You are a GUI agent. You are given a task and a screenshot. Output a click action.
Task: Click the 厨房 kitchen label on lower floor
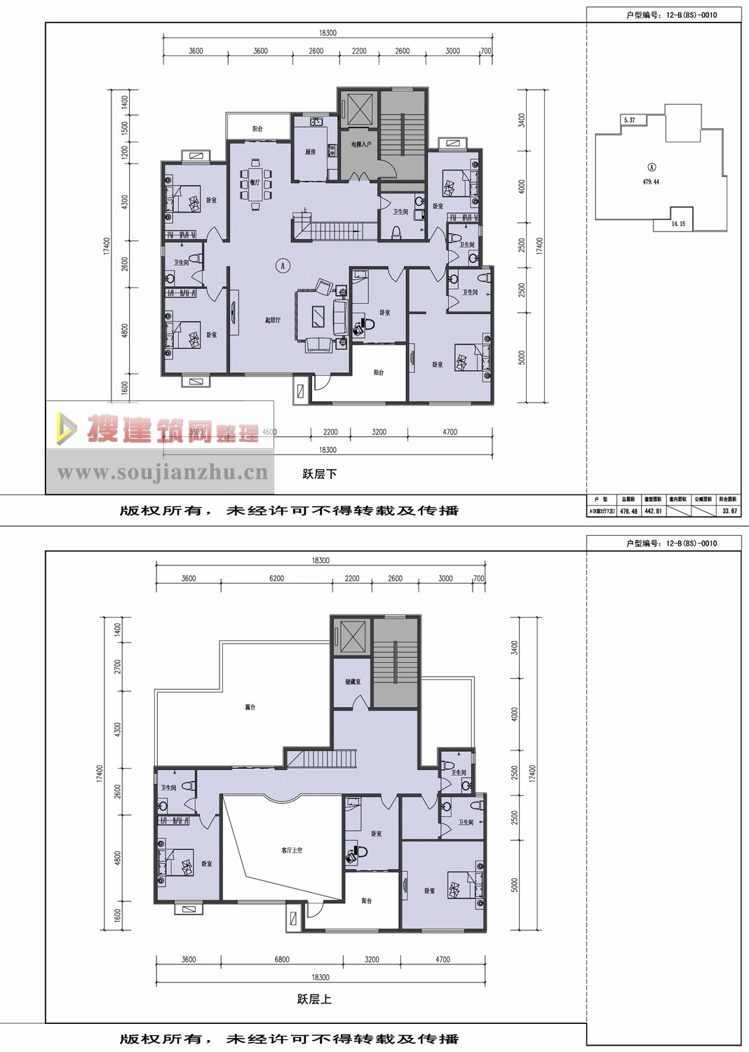[311, 151]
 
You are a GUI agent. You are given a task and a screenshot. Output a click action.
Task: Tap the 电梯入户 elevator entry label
[361, 144]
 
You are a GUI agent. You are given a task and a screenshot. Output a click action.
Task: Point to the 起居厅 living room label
[273, 320]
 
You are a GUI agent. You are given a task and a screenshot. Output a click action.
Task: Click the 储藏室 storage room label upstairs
[353, 682]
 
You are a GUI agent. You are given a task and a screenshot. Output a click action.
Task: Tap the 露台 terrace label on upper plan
[250, 707]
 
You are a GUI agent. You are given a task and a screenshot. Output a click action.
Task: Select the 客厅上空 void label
[292, 850]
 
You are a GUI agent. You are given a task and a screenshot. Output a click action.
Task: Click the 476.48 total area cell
[629, 511]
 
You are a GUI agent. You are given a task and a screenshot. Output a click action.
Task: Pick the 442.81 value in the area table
[653, 511]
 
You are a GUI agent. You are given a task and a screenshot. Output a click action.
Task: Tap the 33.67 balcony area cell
[729, 511]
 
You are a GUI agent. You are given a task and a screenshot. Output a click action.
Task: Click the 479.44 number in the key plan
[651, 182]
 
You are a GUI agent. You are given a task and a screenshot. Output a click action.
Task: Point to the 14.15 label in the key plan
[678, 224]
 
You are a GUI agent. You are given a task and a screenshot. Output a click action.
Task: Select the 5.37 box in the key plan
[630, 120]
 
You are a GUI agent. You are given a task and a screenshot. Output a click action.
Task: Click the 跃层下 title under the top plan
[320, 474]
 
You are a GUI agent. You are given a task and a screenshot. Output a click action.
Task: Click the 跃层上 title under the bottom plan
[314, 999]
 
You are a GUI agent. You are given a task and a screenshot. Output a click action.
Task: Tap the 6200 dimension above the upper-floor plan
[276, 579]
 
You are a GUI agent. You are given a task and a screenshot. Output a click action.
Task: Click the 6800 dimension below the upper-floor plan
[282, 959]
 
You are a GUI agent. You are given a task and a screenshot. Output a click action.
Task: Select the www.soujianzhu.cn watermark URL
[162, 473]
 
